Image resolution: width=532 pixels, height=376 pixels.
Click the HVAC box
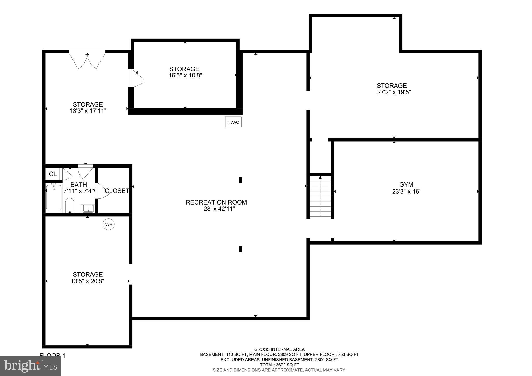tap(233, 122)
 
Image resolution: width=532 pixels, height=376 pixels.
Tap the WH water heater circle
tap(109, 224)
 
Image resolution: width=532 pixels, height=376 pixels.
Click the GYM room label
tap(406, 184)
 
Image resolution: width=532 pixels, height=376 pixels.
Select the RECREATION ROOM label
tap(216, 202)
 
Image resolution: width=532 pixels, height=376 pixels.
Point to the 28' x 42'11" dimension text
tap(219, 209)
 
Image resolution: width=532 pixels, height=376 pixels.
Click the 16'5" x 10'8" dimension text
tap(185, 75)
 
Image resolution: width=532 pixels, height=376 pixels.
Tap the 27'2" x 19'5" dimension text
tap(394, 92)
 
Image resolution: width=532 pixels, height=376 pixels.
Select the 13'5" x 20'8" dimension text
tap(87, 281)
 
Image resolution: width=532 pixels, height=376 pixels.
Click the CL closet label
tap(53, 174)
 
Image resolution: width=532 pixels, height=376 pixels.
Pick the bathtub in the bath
tap(54, 197)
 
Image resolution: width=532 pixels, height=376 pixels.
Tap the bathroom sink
tap(88, 208)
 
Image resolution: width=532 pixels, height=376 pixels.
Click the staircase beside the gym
tap(320, 196)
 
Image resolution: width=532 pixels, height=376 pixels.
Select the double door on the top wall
tap(87, 60)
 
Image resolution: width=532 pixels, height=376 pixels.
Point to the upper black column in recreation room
tap(241, 180)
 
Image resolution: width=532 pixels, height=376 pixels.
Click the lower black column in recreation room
tap(241, 249)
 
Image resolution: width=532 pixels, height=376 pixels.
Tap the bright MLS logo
tap(30, 366)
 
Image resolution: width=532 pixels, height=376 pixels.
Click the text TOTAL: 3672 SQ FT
tap(279, 365)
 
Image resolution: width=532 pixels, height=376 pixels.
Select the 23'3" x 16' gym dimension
tap(406, 192)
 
